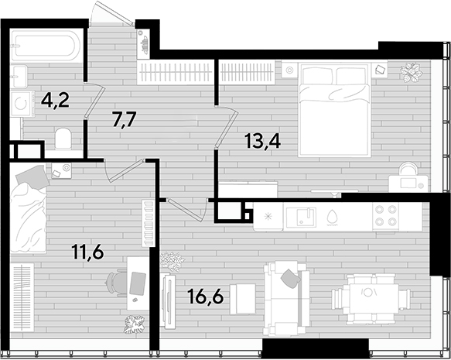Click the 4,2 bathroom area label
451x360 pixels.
(55, 101)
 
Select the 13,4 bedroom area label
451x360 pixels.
(262, 142)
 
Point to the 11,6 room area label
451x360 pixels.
(87, 252)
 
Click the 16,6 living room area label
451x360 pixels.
(205, 296)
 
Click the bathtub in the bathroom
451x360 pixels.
(46, 46)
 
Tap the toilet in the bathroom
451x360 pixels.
(63, 139)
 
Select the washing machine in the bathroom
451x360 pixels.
(22, 104)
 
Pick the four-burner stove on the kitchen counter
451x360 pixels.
(385, 216)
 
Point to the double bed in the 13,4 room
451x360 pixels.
(334, 109)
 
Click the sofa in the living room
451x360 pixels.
(287, 299)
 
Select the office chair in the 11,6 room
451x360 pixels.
(115, 283)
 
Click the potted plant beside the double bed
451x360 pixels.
(411, 73)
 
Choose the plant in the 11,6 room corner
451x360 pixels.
(134, 324)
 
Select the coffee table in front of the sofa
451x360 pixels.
(243, 299)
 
